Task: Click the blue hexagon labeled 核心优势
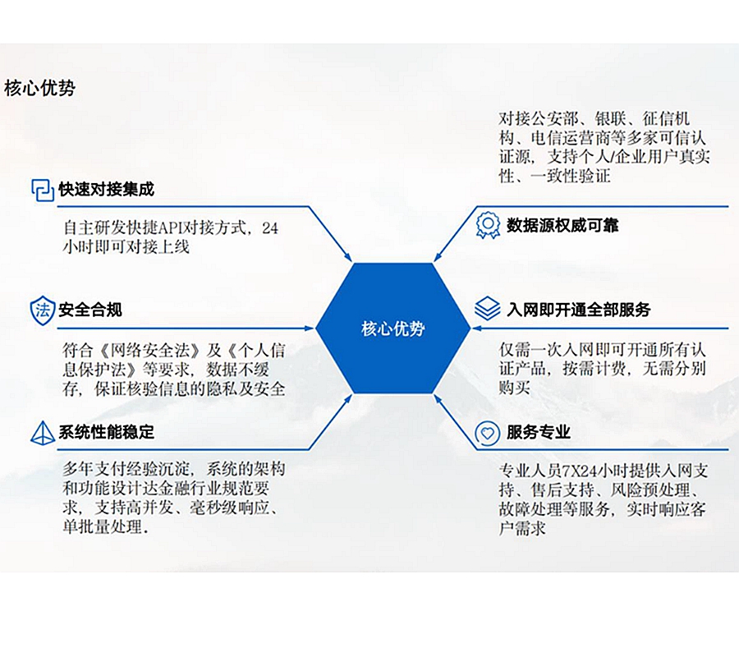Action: click(392, 328)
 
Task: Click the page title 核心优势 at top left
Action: click(39, 88)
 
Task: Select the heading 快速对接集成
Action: click(106, 189)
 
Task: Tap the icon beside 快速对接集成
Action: click(42, 190)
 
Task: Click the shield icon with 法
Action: click(42, 310)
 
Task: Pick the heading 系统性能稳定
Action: click(106, 432)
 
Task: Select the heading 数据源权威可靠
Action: click(562, 224)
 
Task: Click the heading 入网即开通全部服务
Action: click(578, 310)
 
